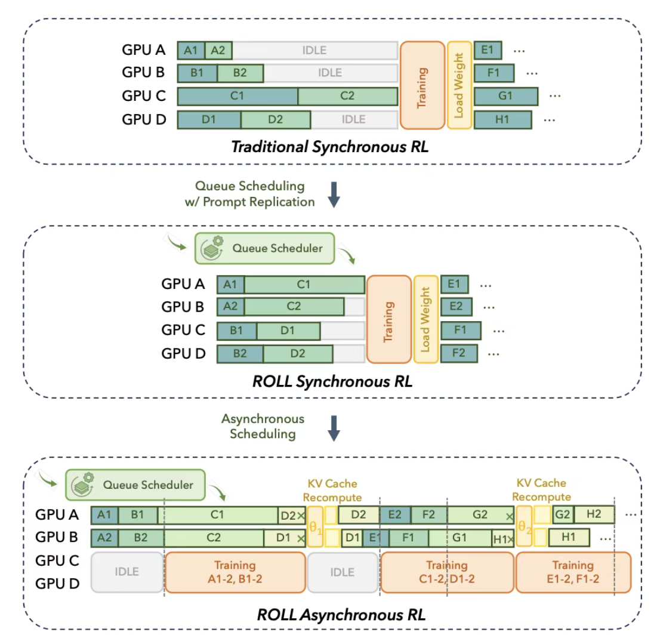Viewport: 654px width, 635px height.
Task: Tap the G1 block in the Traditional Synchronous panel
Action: pyautogui.click(x=505, y=95)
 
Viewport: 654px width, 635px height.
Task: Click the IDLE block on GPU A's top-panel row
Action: pyautogui.click(x=314, y=50)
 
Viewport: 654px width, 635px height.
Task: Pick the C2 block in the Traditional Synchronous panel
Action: pyautogui.click(x=348, y=95)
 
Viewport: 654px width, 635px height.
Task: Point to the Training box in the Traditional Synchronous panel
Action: pyautogui.click(x=422, y=85)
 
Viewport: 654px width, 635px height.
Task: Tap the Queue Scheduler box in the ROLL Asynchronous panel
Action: pyautogui.click(x=135, y=485)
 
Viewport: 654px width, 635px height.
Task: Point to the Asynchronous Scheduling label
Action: pyautogui.click(x=263, y=426)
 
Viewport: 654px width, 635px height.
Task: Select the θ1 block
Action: pyautogui.click(x=316, y=526)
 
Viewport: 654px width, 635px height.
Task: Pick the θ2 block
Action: pyautogui.click(x=524, y=526)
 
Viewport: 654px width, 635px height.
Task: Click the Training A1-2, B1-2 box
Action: pyautogui.click(x=235, y=571)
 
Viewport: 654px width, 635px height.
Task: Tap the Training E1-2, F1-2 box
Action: pyautogui.click(x=572, y=571)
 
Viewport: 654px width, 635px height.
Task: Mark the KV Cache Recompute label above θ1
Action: pyautogui.click(x=332, y=490)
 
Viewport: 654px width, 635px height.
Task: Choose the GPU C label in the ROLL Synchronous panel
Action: pyautogui.click(x=183, y=329)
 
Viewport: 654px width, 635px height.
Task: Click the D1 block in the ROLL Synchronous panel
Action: pyautogui.click(x=288, y=330)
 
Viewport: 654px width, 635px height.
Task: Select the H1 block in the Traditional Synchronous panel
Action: pyautogui.click(x=502, y=119)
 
